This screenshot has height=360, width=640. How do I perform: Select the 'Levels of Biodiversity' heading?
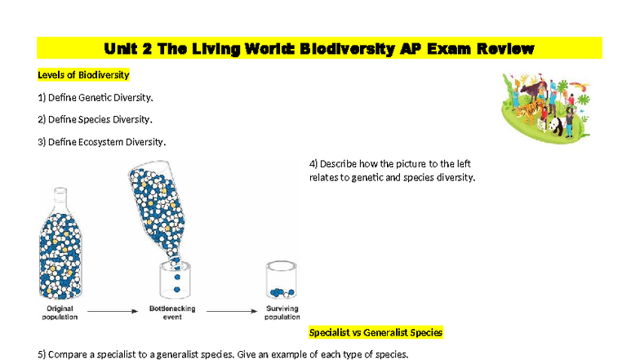pyautogui.click(x=83, y=75)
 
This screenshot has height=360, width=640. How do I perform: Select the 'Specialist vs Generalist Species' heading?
pyautogui.click(x=376, y=332)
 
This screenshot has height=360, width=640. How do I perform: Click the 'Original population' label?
pyautogui.click(x=60, y=313)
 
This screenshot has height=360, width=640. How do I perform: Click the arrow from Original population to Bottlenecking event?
pyautogui.click(x=113, y=311)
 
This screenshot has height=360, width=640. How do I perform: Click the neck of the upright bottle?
pyautogui.click(x=60, y=201)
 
